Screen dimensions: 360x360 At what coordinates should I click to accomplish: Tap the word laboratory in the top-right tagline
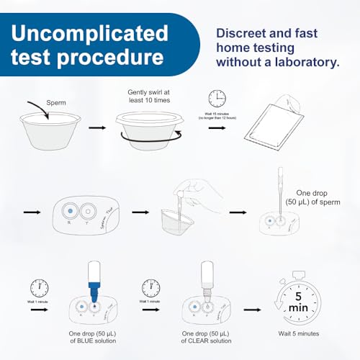coord(305,63)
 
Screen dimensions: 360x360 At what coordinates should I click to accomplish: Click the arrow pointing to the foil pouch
coord(217,127)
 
